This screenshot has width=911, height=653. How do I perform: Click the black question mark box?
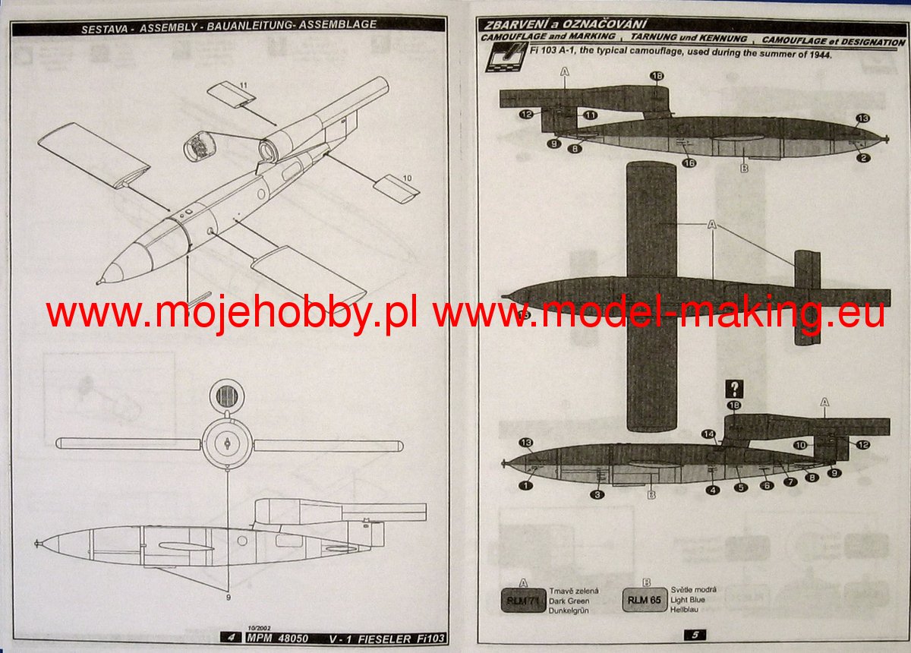pos(734,390)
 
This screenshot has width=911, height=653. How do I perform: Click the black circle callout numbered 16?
pos(689,162)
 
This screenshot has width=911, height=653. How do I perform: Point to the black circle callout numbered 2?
pos(864,157)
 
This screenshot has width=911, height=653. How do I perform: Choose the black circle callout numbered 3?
pos(598,494)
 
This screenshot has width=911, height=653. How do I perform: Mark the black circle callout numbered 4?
pos(712,490)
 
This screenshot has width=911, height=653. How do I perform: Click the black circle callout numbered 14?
pos(708,434)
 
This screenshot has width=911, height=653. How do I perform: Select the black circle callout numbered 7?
pos(791,482)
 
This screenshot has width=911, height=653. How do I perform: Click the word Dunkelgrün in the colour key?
pos(569,610)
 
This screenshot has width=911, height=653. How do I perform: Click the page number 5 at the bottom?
pos(694,634)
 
